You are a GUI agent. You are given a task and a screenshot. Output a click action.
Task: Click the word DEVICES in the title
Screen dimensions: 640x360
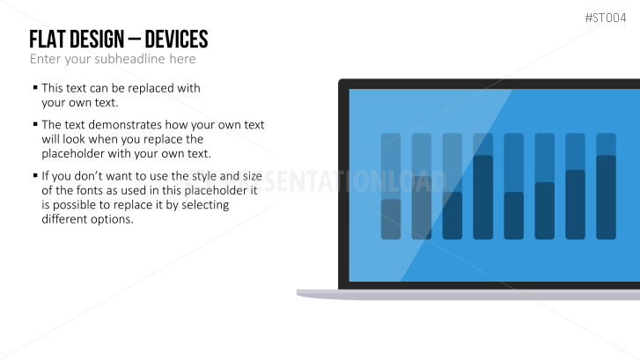pyautogui.click(x=176, y=40)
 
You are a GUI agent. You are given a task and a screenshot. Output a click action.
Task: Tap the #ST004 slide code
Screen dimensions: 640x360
pyautogui.click(x=606, y=18)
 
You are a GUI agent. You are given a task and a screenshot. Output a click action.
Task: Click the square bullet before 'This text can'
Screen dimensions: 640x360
pyautogui.click(x=35, y=87)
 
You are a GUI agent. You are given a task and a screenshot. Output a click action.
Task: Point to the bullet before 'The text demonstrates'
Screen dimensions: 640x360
pyautogui.click(x=35, y=123)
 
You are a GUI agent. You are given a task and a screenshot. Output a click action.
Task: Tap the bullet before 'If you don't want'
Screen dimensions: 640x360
pyautogui.click(x=35, y=175)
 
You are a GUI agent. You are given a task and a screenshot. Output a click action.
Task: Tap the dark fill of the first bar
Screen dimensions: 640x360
pyautogui.click(x=391, y=219)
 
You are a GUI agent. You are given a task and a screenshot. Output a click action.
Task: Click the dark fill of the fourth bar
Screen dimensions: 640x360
pyautogui.click(x=482, y=197)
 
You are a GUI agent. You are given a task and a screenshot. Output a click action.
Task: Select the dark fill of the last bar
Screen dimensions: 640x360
pyautogui.click(x=607, y=197)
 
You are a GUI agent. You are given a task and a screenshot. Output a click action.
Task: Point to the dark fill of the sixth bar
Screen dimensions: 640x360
pyautogui.click(x=545, y=210)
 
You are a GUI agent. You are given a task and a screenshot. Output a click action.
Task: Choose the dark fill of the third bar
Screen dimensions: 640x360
pyautogui.click(x=452, y=216)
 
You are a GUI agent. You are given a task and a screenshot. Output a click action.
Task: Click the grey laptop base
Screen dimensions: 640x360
pyautogui.click(x=468, y=295)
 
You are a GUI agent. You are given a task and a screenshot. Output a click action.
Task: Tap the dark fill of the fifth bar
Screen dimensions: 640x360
pyautogui.click(x=514, y=216)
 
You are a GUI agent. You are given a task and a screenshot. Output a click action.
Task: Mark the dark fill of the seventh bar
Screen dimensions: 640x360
pyautogui.click(x=575, y=204)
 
